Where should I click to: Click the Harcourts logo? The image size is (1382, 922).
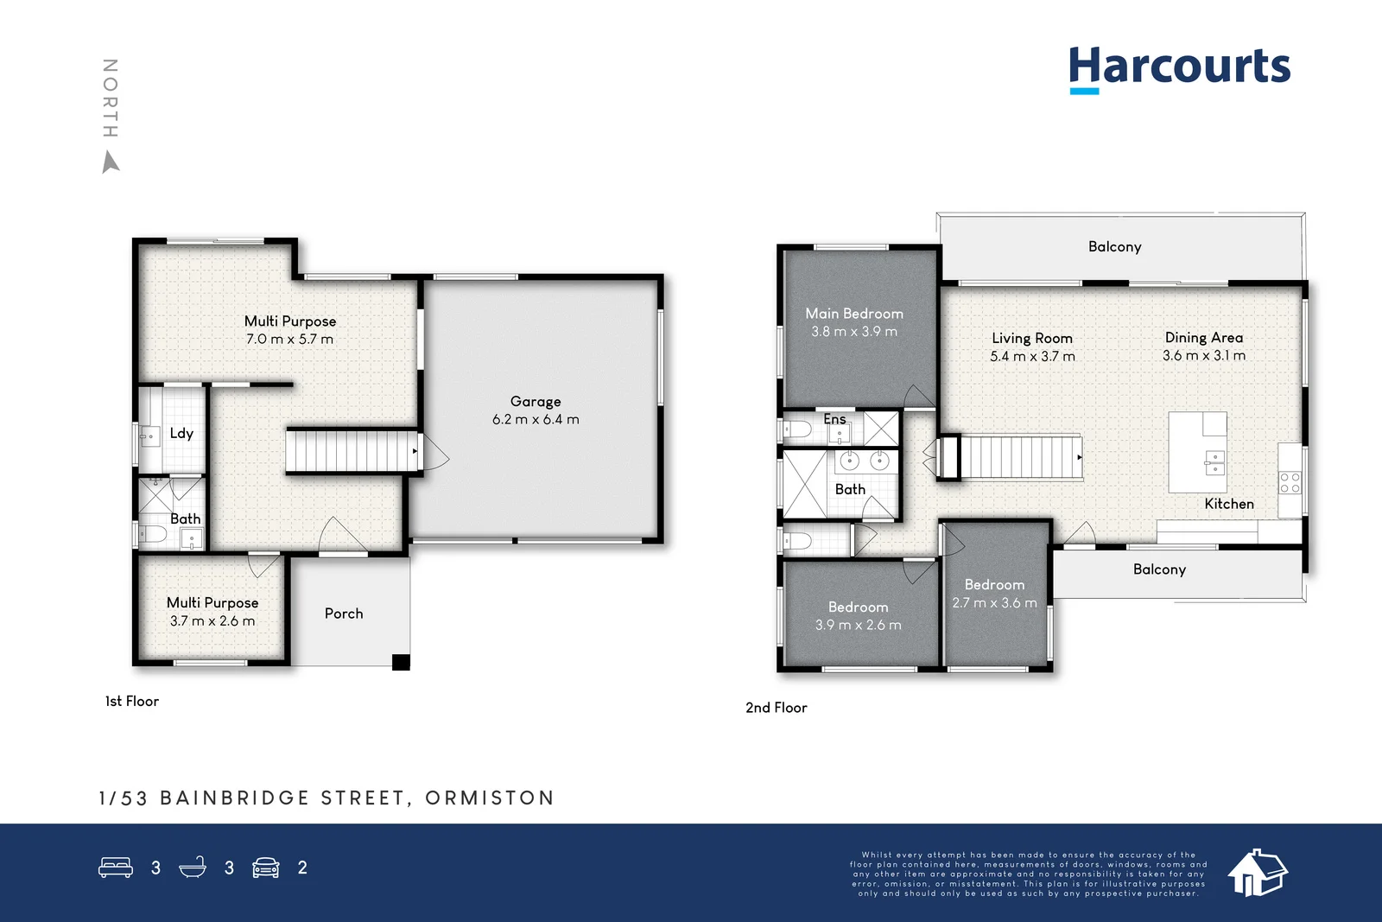(1179, 67)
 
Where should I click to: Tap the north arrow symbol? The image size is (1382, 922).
(111, 162)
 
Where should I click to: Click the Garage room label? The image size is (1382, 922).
(536, 401)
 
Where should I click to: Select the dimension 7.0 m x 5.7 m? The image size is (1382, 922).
(289, 340)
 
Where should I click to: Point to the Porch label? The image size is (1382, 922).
(344, 614)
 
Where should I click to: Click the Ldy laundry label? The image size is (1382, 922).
(181, 433)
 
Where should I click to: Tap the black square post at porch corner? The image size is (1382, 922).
(401, 663)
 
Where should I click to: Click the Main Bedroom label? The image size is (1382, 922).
(854, 314)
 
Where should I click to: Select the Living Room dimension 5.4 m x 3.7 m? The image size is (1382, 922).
(1032, 356)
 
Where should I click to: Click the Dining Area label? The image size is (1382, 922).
(1203, 337)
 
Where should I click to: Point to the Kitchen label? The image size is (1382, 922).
(1228, 504)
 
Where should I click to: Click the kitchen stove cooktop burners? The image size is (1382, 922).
(1290, 482)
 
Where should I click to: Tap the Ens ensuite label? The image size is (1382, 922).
(834, 419)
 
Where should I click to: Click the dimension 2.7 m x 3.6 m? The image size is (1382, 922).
(994, 603)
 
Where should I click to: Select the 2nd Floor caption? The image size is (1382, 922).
(776, 708)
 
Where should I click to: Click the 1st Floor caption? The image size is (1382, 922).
(132, 702)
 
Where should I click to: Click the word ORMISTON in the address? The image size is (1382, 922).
(490, 798)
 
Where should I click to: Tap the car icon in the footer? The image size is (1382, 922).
(266, 868)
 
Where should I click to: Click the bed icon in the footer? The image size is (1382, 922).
(116, 868)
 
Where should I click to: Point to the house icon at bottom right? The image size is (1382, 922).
(1258, 872)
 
